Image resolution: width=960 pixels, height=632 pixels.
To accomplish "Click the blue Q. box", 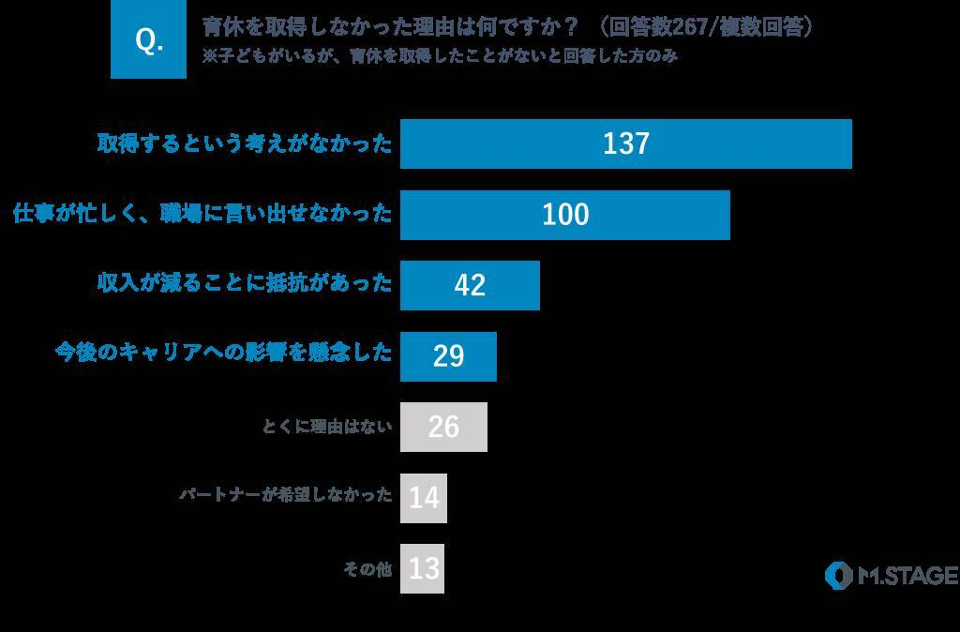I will tap(148, 40).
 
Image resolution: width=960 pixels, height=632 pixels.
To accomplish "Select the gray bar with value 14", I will tap(424, 498).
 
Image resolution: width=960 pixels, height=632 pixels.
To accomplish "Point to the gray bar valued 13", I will tap(422, 569).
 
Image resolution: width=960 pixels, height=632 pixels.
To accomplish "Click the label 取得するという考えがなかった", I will tap(245, 143).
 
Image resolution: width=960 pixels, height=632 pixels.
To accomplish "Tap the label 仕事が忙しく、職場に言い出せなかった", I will tap(202, 214).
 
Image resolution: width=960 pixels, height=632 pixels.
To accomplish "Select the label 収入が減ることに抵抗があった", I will tap(245, 284).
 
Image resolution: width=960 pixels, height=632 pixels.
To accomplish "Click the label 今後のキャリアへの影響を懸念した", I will tap(223, 355).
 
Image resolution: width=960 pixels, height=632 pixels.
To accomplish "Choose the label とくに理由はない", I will tap(327, 428).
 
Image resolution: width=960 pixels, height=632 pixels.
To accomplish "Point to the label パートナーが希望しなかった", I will tap(286, 497).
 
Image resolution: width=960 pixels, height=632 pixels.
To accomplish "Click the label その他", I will tap(367, 569).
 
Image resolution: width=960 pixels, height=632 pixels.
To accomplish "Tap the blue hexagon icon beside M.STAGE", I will tap(838, 575).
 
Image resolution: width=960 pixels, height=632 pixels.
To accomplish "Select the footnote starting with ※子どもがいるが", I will tap(440, 56).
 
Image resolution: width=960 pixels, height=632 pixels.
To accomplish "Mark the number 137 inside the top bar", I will tap(626, 143).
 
